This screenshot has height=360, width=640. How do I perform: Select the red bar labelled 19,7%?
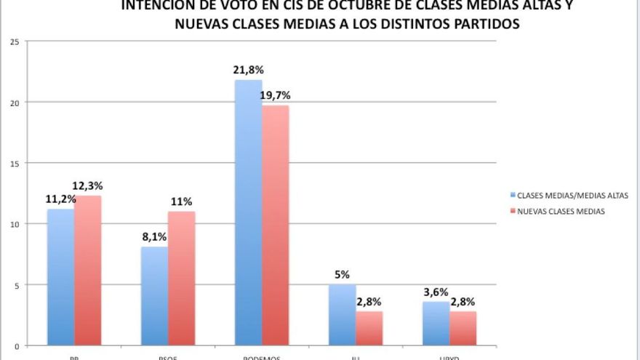[276, 225]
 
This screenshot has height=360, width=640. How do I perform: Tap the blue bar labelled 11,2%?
[60, 277]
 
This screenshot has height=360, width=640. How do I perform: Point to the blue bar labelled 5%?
[343, 315]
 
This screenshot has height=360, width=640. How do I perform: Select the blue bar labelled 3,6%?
[436, 324]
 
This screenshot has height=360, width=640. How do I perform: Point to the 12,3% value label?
[88, 186]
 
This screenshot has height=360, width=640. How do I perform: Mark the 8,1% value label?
[154, 237]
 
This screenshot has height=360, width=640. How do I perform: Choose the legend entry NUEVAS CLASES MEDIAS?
[561, 211]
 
